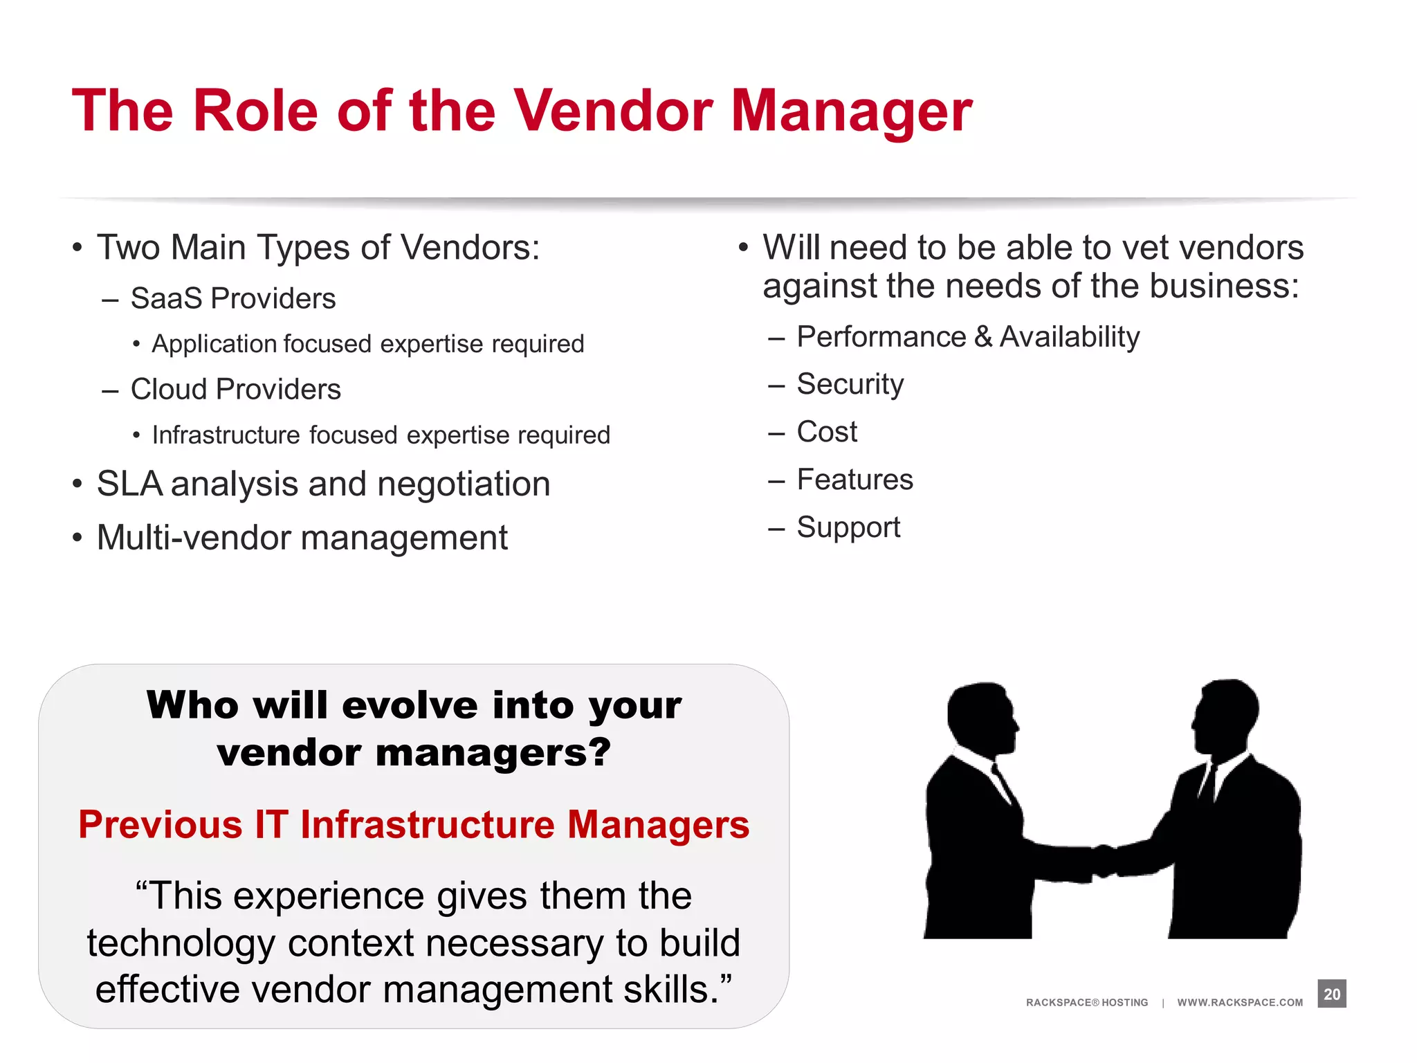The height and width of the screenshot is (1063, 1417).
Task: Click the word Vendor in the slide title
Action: tap(613, 111)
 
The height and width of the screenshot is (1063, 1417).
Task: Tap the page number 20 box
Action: tap(1331, 994)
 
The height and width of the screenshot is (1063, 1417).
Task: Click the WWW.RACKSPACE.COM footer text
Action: tap(1240, 1002)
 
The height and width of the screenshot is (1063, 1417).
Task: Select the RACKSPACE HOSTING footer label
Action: tap(1086, 1002)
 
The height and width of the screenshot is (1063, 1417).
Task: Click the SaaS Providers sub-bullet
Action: tap(232, 299)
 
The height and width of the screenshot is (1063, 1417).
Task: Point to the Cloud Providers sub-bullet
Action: tap(235, 390)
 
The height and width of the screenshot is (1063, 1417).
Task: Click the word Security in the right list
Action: tap(850, 385)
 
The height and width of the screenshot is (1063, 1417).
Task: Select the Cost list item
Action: tap(827, 432)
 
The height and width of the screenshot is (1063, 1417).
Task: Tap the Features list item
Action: tap(854, 480)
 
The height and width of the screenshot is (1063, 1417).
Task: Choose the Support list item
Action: tap(848, 527)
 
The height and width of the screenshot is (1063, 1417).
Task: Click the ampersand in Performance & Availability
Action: tap(983, 337)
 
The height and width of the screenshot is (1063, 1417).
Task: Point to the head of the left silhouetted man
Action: tap(981, 716)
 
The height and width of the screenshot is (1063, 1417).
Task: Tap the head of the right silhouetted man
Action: tap(1226, 713)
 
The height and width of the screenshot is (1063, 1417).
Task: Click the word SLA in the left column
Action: tap(129, 484)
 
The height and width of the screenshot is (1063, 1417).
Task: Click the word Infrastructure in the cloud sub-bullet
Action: tap(226, 435)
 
